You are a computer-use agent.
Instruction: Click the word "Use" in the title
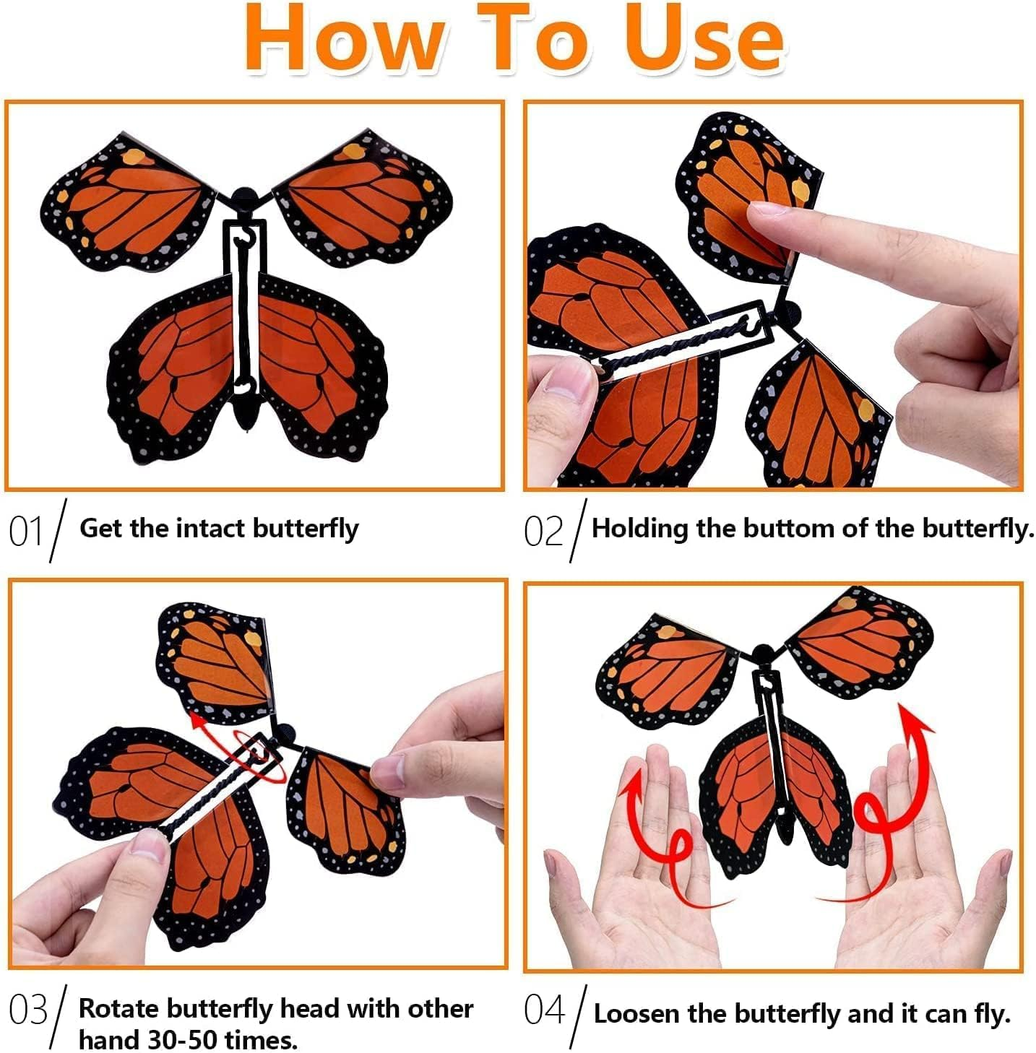click(704, 40)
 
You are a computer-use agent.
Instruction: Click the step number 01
click(27, 532)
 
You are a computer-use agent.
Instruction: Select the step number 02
click(543, 532)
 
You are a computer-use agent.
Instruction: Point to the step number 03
click(28, 1010)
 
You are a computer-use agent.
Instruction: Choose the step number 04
click(544, 1010)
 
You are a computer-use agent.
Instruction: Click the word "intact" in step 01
click(212, 529)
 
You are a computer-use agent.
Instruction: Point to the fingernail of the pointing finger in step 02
click(767, 211)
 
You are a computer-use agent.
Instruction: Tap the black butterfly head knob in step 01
click(245, 196)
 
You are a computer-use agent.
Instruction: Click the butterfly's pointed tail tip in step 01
click(246, 425)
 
